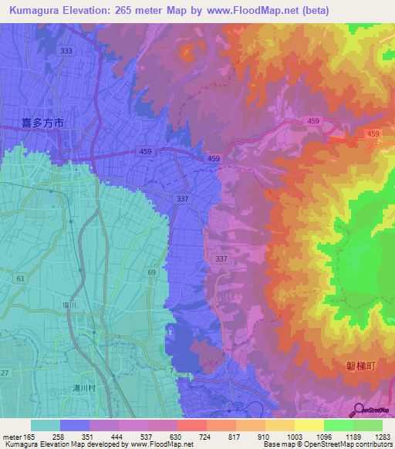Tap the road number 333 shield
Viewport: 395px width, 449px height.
coord(67,51)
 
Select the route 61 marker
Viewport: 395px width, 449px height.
coord(19,277)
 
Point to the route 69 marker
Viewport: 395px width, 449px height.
coord(152,272)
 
